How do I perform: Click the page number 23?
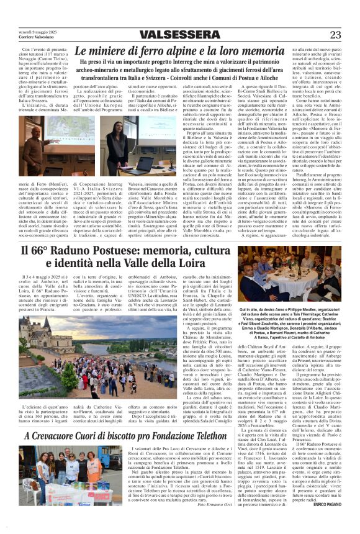pyautogui.click(x=335, y=35)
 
